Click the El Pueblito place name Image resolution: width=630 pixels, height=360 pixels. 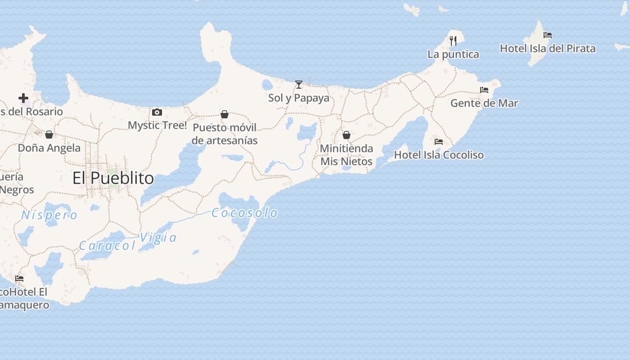point(113,178)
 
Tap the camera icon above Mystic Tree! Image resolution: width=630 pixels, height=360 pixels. point(157,112)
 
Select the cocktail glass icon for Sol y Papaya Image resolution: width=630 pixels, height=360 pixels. point(299,84)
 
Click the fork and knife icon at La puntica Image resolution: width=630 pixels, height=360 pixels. point(453,40)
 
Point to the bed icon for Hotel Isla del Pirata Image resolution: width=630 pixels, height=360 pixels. point(548,35)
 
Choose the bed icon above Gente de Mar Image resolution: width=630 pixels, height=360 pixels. point(484,90)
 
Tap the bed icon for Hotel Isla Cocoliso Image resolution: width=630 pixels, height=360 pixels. point(439,142)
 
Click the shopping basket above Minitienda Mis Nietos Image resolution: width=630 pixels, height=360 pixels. point(346,135)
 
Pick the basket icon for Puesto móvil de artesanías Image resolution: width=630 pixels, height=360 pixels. point(225,114)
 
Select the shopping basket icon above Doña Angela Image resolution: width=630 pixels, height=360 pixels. point(49,135)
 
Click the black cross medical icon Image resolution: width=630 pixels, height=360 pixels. point(23,98)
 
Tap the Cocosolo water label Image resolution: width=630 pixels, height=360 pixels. point(244,213)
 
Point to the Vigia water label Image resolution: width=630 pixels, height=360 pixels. point(158,238)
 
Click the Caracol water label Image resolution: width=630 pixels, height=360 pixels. point(107,246)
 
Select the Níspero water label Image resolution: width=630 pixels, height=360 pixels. point(49,215)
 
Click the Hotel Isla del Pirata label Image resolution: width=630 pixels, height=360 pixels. point(548,49)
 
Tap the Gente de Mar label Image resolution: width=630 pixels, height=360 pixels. point(484,103)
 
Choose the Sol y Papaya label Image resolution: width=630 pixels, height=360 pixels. point(299,98)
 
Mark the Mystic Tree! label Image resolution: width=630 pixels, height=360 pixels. point(157,125)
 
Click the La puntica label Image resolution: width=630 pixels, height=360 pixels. point(453,54)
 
